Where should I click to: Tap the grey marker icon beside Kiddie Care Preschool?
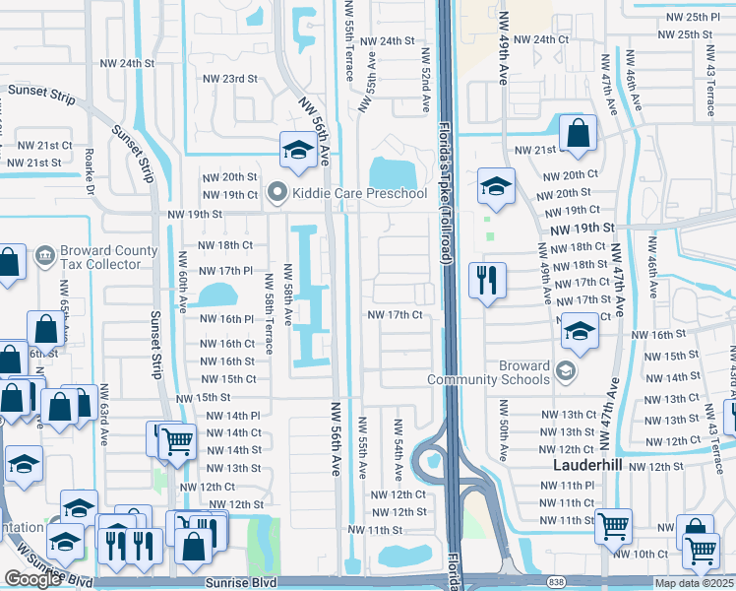pyautogui.click(x=276, y=193)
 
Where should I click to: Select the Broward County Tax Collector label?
pyautogui.click(x=108, y=257)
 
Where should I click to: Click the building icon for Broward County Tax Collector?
pyautogui.click(x=44, y=257)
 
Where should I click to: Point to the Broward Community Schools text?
pyautogui.click(x=488, y=372)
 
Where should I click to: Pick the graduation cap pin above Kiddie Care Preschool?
pyautogui.click(x=297, y=151)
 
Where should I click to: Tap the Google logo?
pyautogui.click(x=32, y=579)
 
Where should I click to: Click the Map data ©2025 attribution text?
pyautogui.click(x=695, y=583)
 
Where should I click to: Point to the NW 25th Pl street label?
pyautogui.click(x=690, y=17)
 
